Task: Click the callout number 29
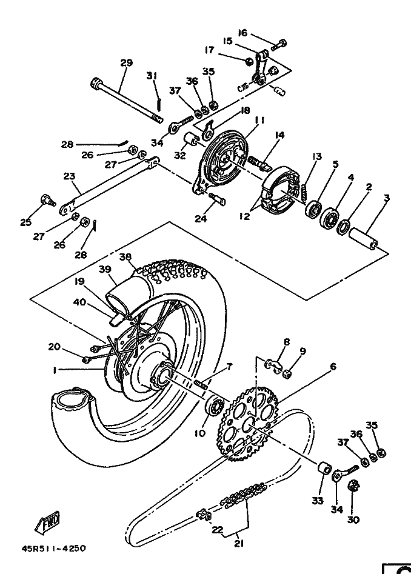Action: click(126, 62)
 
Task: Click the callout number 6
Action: click(333, 366)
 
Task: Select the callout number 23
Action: click(68, 177)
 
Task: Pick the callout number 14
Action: click(279, 135)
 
